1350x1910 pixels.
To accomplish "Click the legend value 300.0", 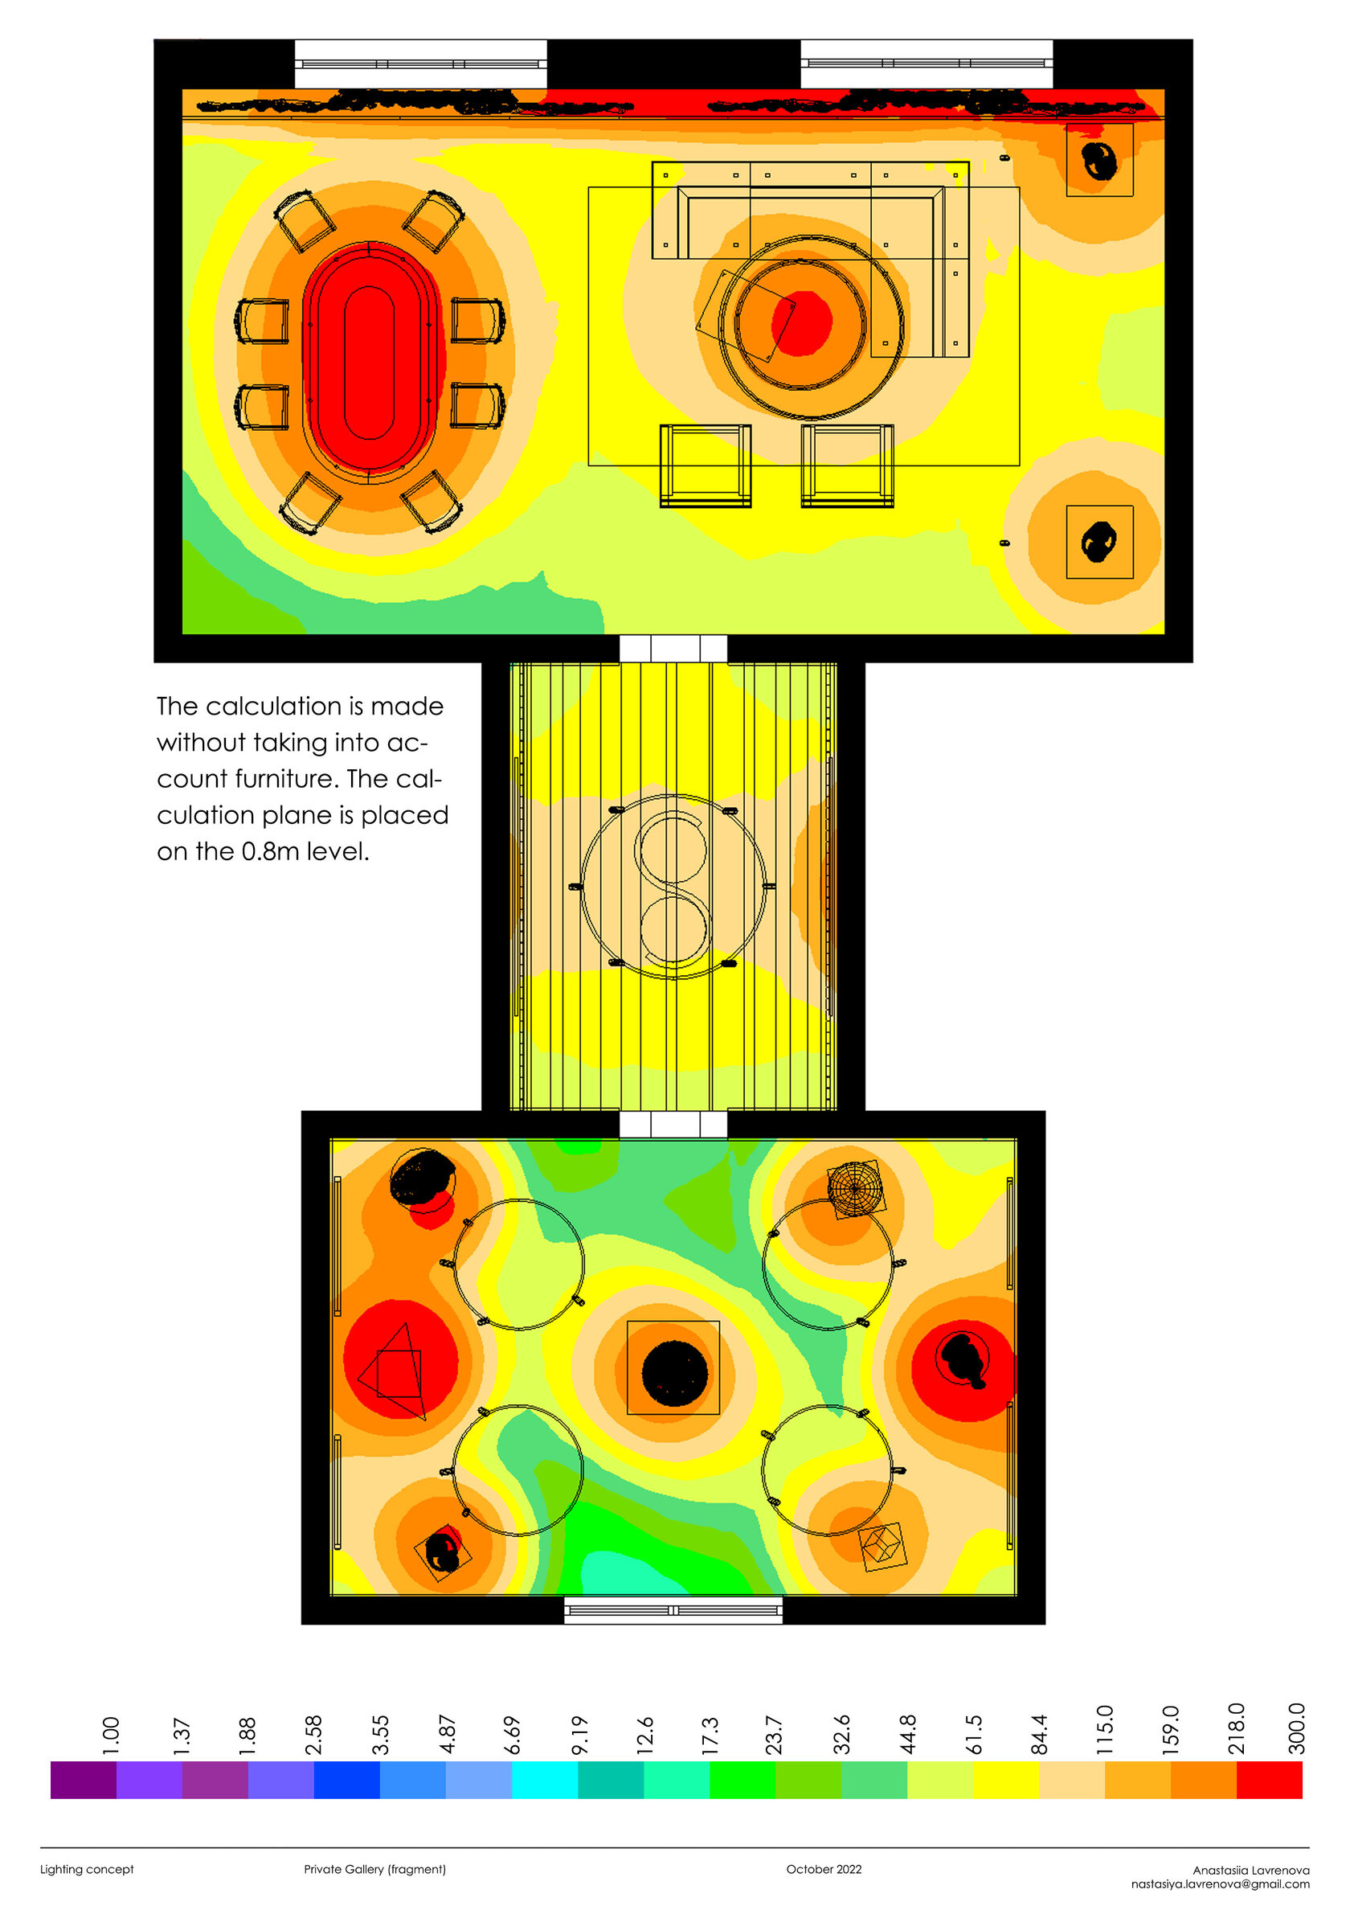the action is [x=1296, y=1728].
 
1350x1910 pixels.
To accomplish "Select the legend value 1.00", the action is [x=111, y=1736].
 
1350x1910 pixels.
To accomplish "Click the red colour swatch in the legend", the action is [x=1269, y=1780].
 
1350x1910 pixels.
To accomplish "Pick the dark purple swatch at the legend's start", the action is [x=84, y=1780].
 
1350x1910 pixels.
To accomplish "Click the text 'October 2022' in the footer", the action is [x=824, y=1869].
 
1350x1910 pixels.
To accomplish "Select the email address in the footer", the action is [x=1219, y=1884].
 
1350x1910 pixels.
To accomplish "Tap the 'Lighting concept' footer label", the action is [x=87, y=1869].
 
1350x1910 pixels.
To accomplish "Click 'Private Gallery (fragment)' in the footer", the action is [x=374, y=1869].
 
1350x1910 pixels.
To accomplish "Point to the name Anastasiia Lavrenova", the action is [x=1250, y=1870].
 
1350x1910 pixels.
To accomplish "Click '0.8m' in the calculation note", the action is [x=270, y=851].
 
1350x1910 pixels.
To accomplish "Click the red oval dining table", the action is [x=369, y=363].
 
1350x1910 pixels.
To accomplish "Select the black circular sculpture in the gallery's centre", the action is [x=673, y=1372].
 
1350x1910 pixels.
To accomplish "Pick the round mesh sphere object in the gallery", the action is [x=855, y=1188].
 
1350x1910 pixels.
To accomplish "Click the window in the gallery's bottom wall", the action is [x=673, y=1610].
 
